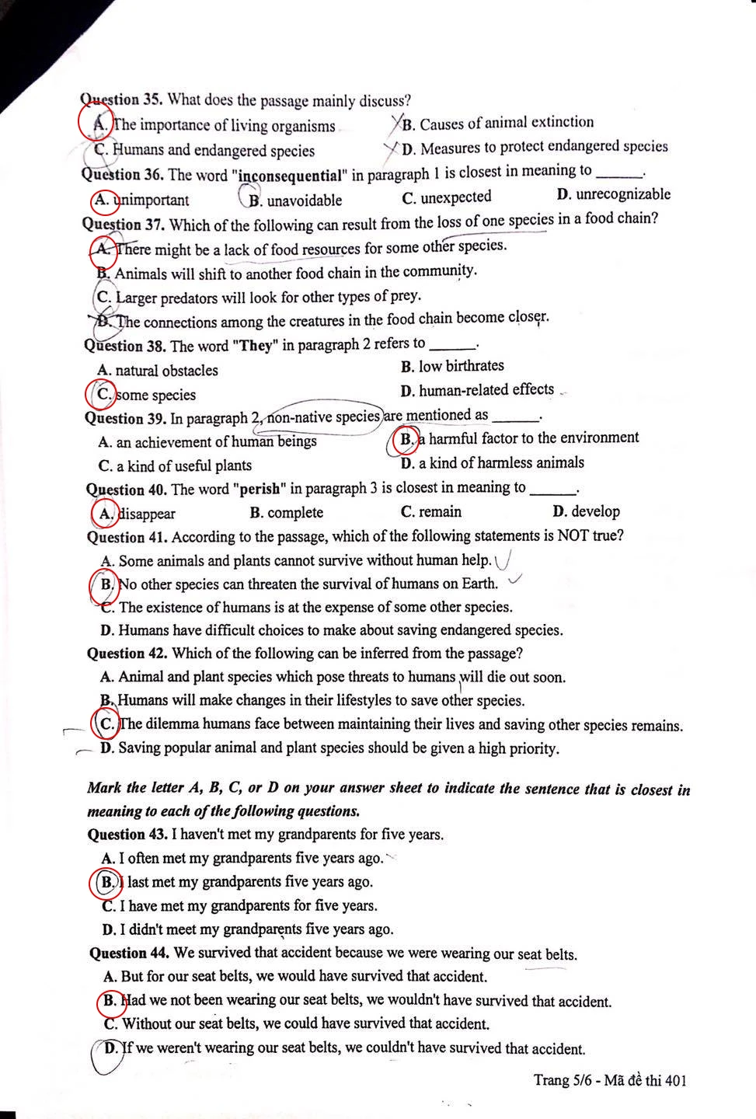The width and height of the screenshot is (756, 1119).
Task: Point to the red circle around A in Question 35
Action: [96, 123]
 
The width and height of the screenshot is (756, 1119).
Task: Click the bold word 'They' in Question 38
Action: [255, 344]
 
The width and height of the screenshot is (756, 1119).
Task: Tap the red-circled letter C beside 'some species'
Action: [103, 394]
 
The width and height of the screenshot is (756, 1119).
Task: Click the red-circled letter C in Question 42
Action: [106, 723]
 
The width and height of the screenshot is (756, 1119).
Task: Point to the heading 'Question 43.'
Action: [127, 835]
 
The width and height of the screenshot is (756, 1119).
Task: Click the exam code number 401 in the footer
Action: [674, 1080]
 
